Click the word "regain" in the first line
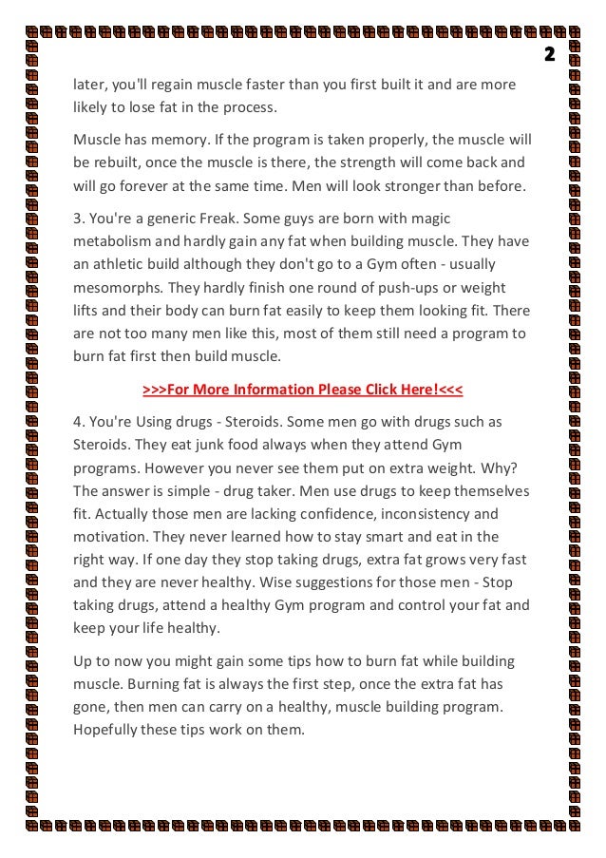(x=170, y=84)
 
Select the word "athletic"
(x=123, y=265)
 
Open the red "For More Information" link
(x=302, y=390)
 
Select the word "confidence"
(x=320, y=514)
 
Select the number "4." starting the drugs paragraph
(x=80, y=421)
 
